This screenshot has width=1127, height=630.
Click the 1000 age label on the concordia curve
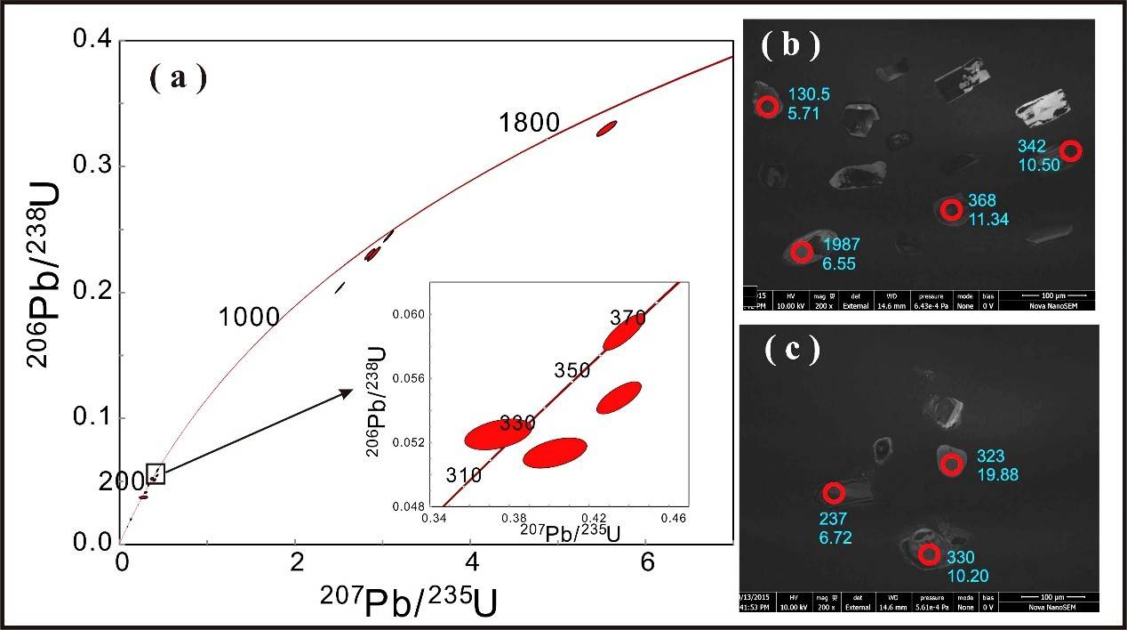point(251,316)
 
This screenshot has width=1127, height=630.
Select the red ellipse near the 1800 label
point(607,128)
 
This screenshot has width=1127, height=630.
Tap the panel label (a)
point(178,78)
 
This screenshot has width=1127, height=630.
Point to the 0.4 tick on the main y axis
point(92,40)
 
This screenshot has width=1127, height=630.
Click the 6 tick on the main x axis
point(647,563)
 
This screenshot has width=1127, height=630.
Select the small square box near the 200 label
point(156,474)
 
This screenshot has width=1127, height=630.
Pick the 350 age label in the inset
point(572,369)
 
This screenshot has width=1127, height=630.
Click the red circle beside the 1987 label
point(803,251)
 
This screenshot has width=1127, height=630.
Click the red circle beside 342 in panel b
point(1071,150)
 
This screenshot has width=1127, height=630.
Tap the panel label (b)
point(791,46)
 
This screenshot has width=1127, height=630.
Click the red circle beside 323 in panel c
point(951,464)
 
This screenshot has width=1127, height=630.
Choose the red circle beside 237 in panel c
point(833,493)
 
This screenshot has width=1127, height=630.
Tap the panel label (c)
point(793,350)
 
